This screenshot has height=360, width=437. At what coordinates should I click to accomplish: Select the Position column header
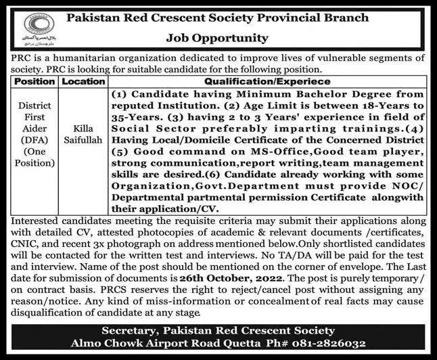36,81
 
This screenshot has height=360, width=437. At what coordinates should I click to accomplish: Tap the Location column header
83,81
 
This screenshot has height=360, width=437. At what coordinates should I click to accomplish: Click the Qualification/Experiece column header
269,81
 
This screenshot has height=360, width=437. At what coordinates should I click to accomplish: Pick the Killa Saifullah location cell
83,135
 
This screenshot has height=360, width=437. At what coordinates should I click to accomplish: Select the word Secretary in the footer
130,330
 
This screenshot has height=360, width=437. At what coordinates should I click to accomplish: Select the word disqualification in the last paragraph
43,313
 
